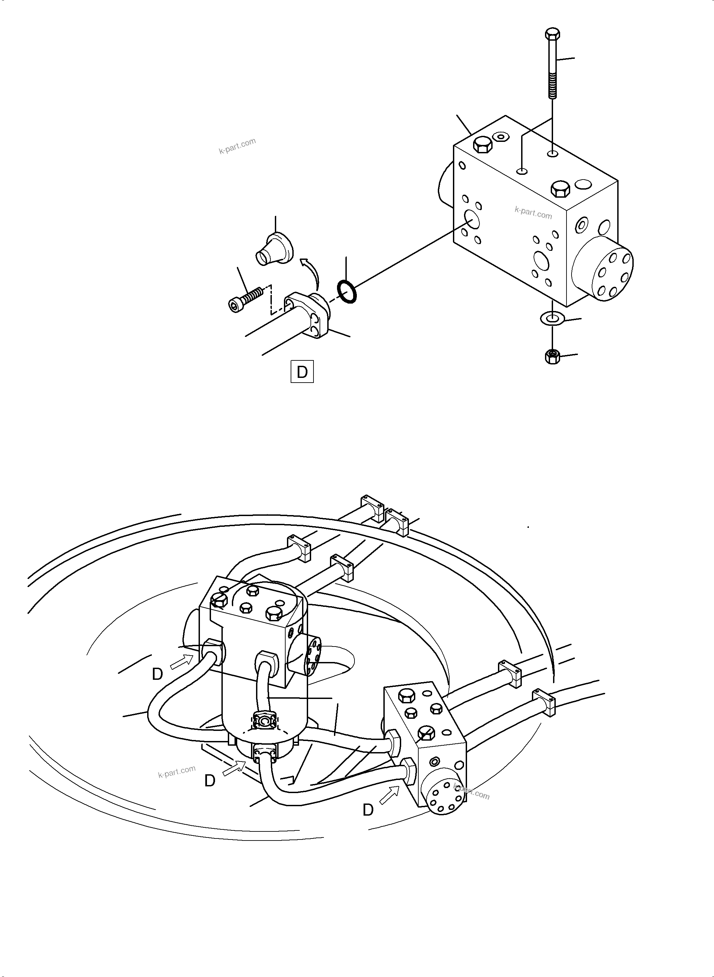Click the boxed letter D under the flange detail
[x=302, y=372]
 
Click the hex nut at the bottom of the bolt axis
[x=552, y=356]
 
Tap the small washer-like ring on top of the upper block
[x=501, y=137]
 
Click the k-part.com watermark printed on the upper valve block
[x=533, y=212]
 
